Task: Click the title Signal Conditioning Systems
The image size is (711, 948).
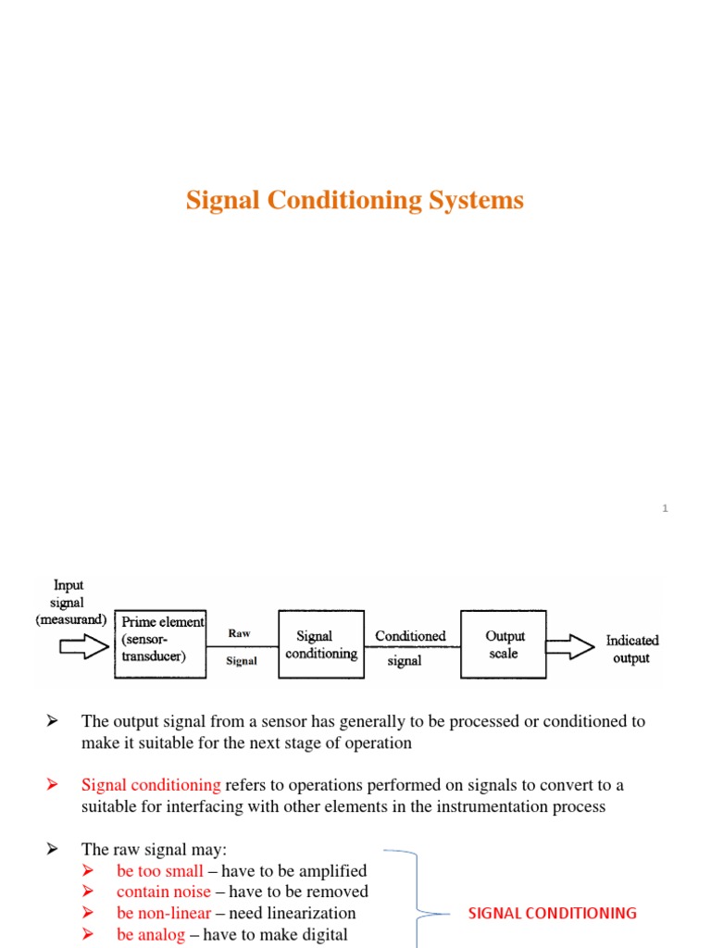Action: point(355,200)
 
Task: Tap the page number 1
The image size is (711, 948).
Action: point(665,508)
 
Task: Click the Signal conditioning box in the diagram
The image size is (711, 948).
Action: point(320,644)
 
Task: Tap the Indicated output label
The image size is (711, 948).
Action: point(632,649)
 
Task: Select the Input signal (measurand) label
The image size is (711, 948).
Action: point(71,602)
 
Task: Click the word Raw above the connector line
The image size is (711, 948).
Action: point(239,633)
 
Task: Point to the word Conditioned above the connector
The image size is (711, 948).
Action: point(410,636)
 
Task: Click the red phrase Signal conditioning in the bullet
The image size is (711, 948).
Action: point(151,785)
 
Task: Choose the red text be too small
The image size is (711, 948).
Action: point(160,870)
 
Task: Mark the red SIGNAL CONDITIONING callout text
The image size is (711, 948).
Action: point(552,913)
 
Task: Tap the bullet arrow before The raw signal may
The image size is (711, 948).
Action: point(53,849)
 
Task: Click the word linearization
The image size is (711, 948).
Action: point(310,913)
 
